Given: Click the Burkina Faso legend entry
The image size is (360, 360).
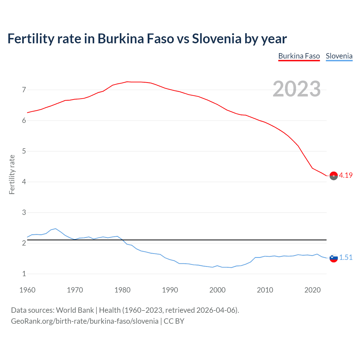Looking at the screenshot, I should [x=299, y=56].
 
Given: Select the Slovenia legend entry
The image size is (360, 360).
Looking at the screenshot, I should [x=339, y=56].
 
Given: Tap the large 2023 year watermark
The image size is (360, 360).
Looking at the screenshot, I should [x=296, y=89].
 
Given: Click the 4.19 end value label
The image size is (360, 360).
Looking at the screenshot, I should [x=346, y=175].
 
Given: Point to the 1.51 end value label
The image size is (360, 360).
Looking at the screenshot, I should [x=346, y=257].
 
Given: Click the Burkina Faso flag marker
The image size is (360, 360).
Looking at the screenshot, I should [x=334, y=176].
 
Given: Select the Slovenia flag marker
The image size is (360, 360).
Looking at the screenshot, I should [x=334, y=258].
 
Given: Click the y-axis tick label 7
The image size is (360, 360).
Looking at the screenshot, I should [x=24, y=90].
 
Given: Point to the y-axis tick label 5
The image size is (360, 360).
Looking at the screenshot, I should [x=24, y=151].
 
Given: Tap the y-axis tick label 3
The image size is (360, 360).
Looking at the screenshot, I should [x=24, y=213].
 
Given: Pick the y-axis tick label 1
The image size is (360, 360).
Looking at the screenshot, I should [x=24, y=274].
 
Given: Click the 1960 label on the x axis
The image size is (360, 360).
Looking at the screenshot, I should [x=27, y=290].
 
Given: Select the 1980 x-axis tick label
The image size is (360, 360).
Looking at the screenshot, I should [x=122, y=290].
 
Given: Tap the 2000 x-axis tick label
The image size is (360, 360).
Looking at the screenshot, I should [x=217, y=290].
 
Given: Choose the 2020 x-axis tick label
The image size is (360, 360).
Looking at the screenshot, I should [x=312, y=290].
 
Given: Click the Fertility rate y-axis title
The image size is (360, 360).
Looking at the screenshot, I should [x=12, y=174].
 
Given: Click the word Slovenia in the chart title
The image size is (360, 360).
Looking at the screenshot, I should [x=216, y=39].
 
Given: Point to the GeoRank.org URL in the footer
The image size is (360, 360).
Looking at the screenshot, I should [x=85, y=321].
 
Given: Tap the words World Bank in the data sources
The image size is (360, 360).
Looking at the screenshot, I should [x=75, y=310].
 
